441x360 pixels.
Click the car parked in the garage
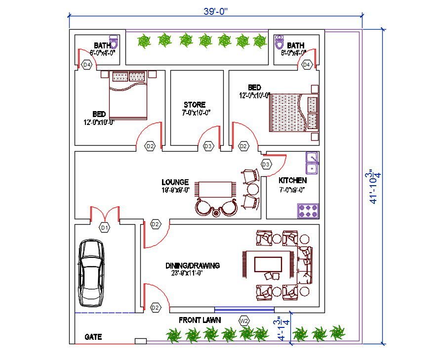pyautogui.click(x=91, y=272)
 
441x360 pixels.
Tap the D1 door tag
pyautogui.click(x=104, y=228)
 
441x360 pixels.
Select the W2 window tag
pyautogui.click(x=244, y=320)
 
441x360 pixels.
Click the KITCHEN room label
pyautogui.click(x=292, y=180)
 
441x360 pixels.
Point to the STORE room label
pyautogui.click(x=195, y=105)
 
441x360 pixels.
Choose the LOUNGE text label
pyautogui.click(x=175, y=182)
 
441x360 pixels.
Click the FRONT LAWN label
pyautogui.click(x=200, y=320)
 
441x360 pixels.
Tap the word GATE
pyautogui.click(x=93, y=337)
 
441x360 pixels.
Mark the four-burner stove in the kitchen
pyautogui.click(x=308, y=211)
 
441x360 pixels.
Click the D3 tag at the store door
pyautogui.click(x=208, y=146)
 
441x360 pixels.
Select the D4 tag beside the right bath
pyautogui.click(x=306, y=65)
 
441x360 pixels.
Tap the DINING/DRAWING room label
pyautogui.click(x=192, y=266)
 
